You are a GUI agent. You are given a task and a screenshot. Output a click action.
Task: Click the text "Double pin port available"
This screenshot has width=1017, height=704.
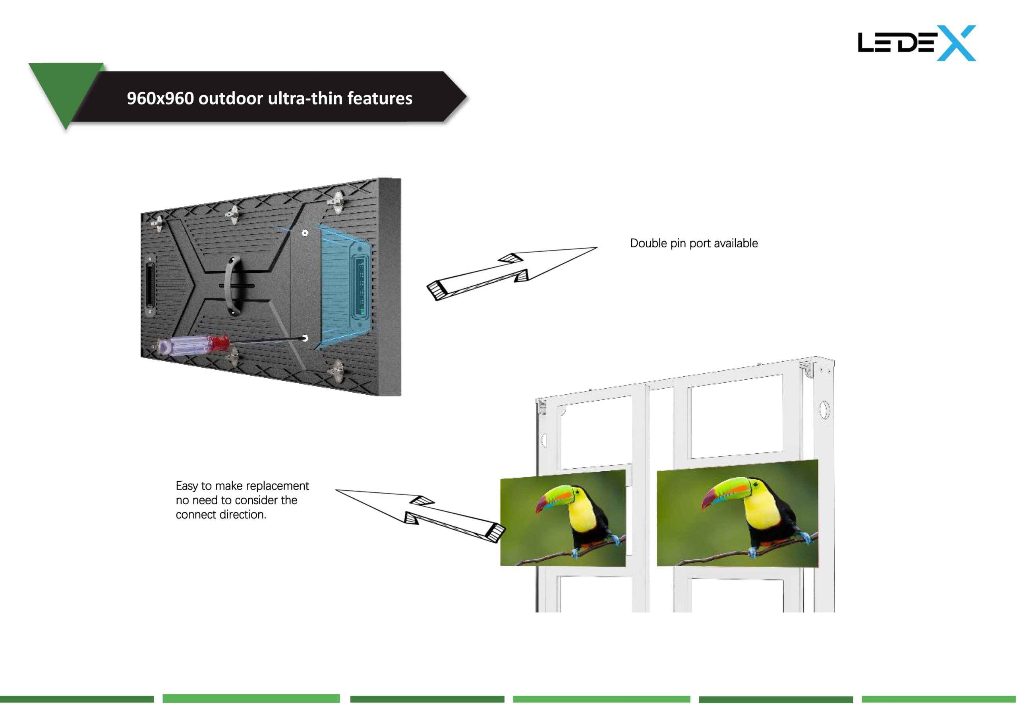[694, 243]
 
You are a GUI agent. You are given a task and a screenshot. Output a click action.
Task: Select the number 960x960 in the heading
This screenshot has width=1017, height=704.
[160, 98]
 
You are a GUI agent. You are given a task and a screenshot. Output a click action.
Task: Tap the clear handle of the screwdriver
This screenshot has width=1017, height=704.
[185, 346]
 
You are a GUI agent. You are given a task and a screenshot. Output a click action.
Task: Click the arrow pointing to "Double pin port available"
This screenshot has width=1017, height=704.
[512, 274]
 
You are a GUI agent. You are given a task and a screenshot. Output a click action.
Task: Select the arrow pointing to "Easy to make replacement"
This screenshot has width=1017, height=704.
[421, 516]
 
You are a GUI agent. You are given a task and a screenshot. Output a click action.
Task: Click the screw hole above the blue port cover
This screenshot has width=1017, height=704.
[305, 232]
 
